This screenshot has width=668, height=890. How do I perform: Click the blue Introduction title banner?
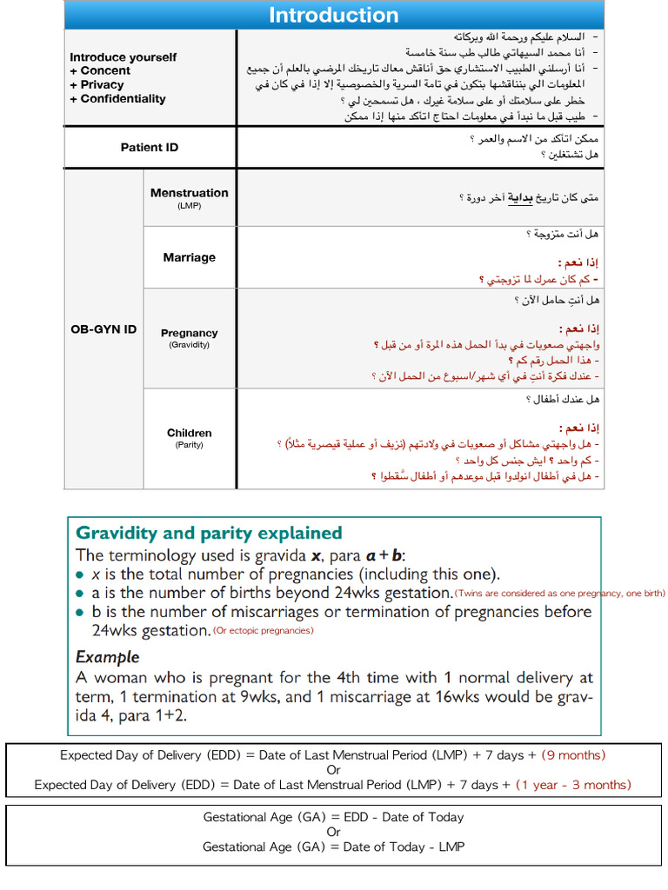point(333,15)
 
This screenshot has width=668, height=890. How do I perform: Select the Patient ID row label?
point(149,147)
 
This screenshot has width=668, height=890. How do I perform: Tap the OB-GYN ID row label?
point(104,329)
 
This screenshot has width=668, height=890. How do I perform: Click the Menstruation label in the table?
point(189,193)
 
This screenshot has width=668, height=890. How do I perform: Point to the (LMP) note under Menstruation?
point(189,206)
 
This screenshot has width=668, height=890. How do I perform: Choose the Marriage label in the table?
point(189,257)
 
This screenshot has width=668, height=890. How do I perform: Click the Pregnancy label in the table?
point(189,333)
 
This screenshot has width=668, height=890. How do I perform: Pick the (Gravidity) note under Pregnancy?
point(189,345)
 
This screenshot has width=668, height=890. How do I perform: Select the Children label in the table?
point(189,433)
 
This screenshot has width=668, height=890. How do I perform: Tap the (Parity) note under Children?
point(189,445)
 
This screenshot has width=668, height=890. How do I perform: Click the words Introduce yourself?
point(123,57)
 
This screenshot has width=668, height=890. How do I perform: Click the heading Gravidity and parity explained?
point(209,533)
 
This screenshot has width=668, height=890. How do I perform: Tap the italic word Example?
point(107,657)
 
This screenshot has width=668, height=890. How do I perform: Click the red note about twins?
point(559,594)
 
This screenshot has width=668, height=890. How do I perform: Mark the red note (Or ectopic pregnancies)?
point(263,630)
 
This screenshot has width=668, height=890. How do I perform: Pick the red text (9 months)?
point(573,755)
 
